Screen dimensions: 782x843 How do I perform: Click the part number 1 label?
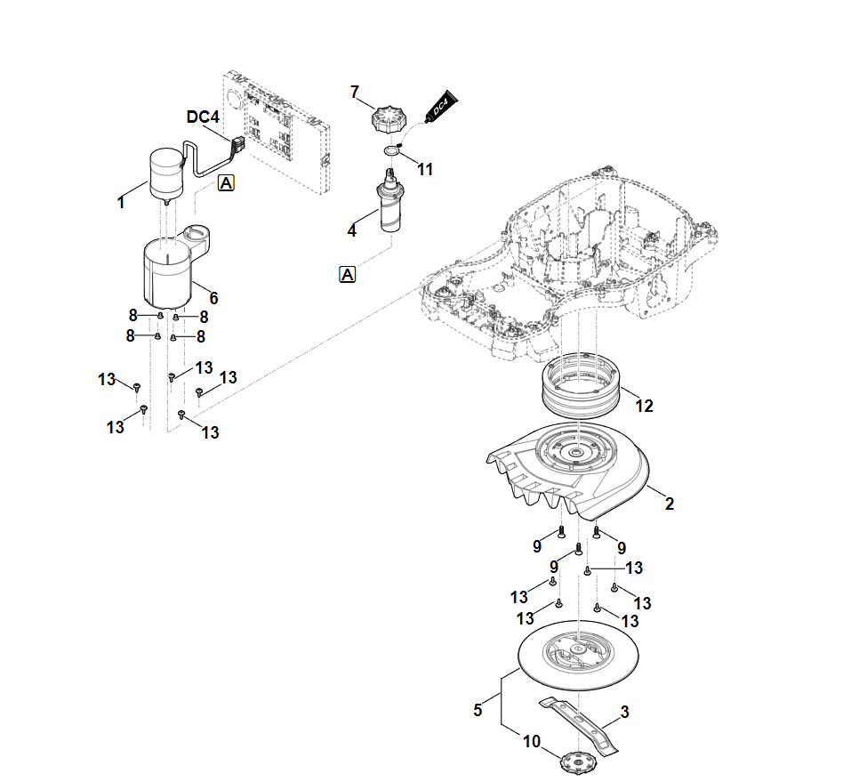(x=121, y=202)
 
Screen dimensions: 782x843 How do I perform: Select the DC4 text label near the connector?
(x=203, y=117)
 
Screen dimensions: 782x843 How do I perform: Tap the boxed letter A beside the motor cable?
(x=226, y=183)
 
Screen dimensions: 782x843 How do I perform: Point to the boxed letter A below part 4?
(x=348, y=274)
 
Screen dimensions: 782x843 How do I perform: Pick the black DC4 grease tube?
(x=439, y=108)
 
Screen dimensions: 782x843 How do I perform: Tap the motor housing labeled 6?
(x=169, y=269)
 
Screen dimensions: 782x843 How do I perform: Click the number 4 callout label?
(x=352, y=230)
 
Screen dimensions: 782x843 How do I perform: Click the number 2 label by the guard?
(x=670, y=504)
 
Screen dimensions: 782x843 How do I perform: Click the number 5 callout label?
(x=478, y=710)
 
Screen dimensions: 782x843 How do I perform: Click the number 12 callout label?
(x=644, y=406)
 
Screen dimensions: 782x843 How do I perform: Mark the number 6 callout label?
(x=213, y=298)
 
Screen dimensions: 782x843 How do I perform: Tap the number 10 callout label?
(x=532, y=741)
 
